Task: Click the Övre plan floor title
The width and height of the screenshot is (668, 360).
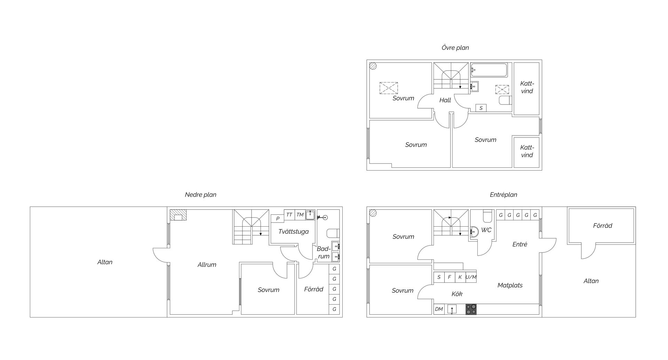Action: [455, 48]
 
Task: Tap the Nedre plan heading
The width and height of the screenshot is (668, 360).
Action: [200, 195]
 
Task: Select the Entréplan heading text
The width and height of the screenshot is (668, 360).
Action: [503, 195]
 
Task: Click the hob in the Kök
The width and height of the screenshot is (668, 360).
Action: [471, 309]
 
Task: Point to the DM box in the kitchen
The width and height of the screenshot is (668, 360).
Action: [439, 309]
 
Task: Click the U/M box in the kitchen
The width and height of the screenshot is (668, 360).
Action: [471, 277]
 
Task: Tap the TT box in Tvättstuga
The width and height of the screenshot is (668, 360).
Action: [289, 215]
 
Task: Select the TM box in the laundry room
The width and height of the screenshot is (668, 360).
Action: [300, 215]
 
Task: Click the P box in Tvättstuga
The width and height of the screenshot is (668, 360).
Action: [278, 219]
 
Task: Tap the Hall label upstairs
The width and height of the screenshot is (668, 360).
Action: [445, 100]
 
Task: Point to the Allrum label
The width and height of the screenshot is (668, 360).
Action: [207, 265]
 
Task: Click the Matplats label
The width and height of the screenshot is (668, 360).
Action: [510, 285]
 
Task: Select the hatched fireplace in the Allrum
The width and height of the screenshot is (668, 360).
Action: [178, 215]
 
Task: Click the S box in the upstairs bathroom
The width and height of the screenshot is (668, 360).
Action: [481, 108]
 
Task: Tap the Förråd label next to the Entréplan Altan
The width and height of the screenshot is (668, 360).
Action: [603, 226]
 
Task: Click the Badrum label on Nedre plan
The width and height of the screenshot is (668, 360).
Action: [324, 253]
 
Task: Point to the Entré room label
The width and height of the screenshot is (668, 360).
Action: [520, 244]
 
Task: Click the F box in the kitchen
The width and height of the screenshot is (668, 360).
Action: [450, 277]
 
